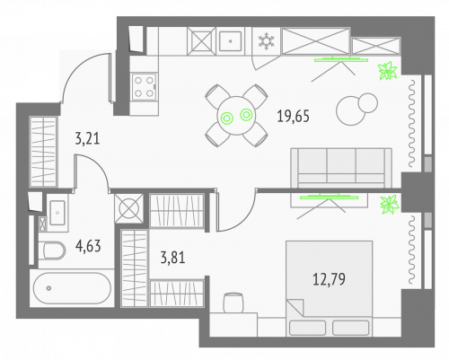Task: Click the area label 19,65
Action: (293, 115)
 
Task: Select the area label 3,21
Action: (87, 139)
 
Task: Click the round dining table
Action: (236, 115)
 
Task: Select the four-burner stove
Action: (144, 86)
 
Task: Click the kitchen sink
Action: (231, 40)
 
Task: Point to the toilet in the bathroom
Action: (54, 248)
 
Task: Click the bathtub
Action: (71, 290)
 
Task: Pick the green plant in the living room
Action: (388, 72)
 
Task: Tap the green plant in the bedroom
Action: (390, 206)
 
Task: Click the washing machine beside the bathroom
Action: (129, 207)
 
